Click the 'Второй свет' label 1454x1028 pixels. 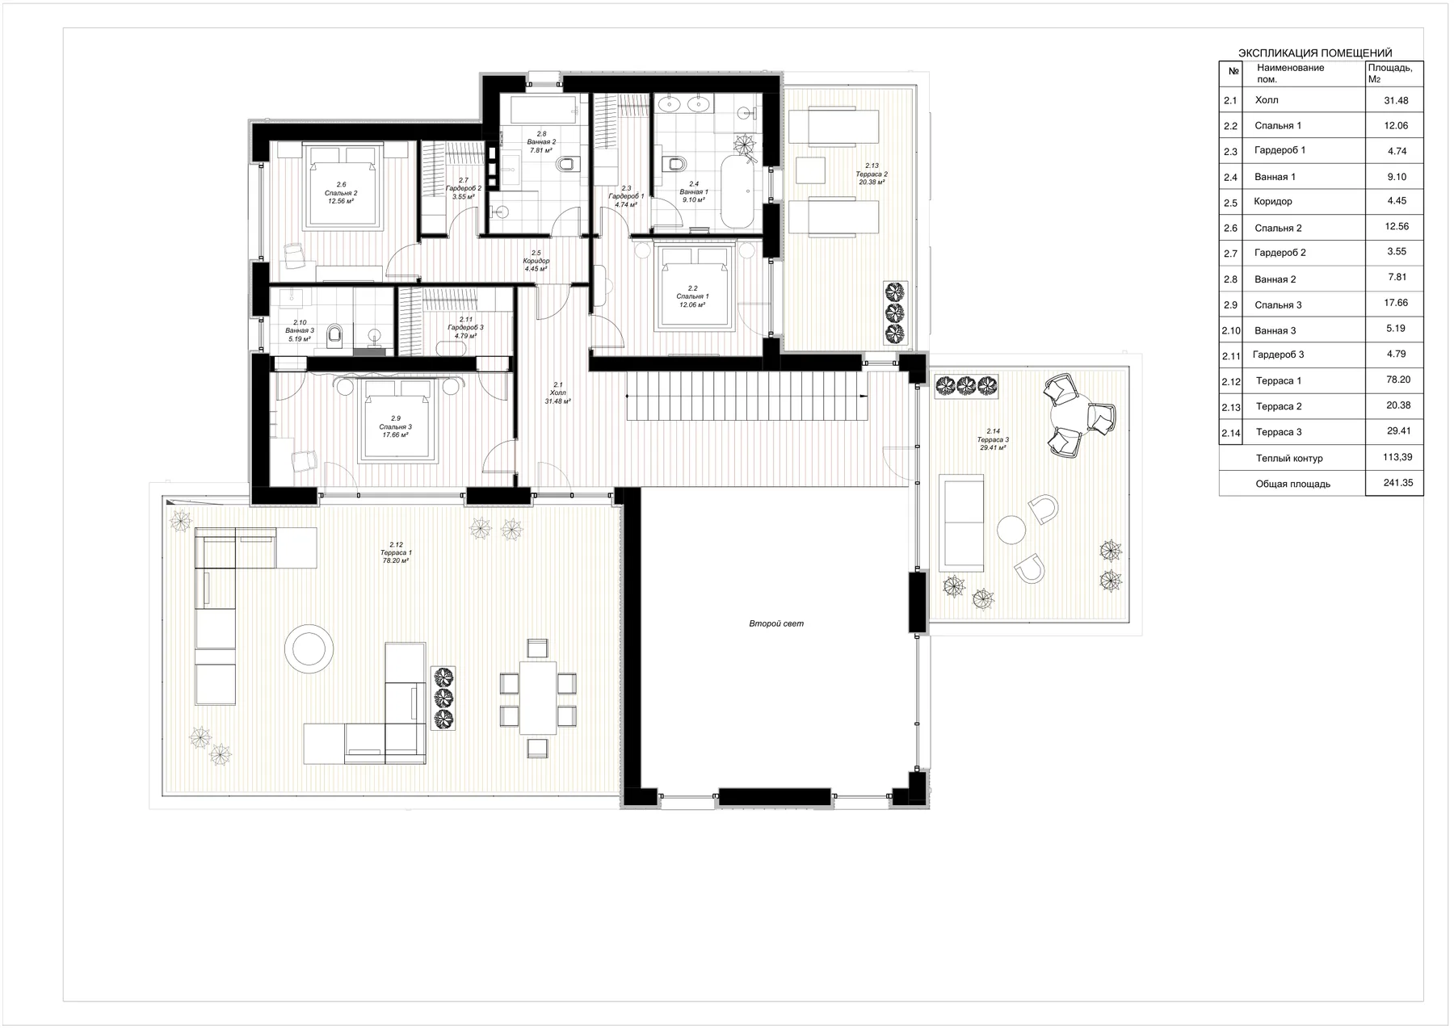[776, 623]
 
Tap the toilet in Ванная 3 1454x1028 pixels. [336, 334]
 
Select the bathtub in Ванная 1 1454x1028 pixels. [738, 192]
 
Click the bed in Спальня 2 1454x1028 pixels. [340, 185]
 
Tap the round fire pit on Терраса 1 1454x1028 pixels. [309, 648]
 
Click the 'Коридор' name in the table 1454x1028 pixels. [1273, 202]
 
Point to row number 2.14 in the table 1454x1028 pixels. [1230, 433]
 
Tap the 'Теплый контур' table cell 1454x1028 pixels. [1289, 458]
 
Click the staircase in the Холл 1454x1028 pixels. [747, 396]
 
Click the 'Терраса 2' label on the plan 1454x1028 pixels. [872, 174]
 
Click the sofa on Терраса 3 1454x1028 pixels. [961, 523]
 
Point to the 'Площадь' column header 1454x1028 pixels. [1390, 73]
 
